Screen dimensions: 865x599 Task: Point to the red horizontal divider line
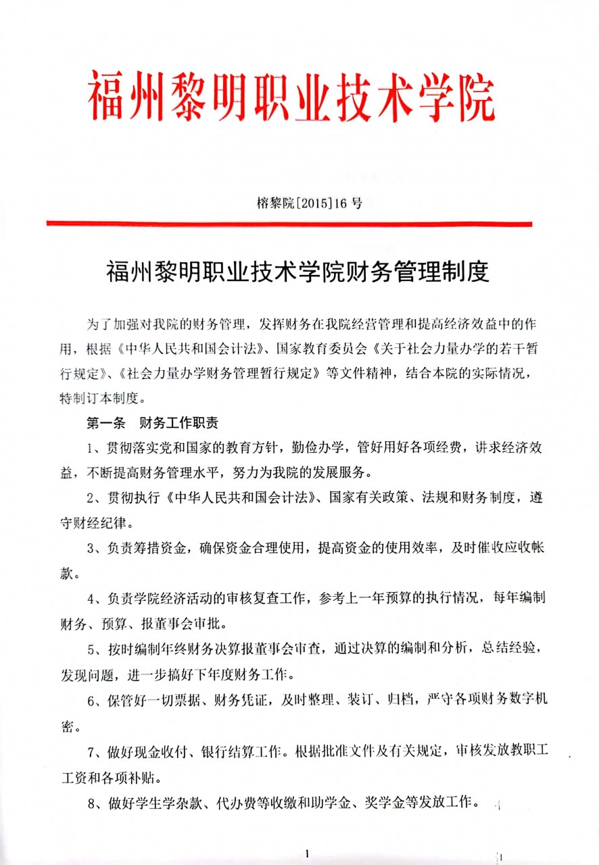pos(289,223)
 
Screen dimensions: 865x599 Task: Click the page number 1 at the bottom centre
pos(307,853)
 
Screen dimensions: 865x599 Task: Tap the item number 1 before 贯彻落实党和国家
pos(91,447)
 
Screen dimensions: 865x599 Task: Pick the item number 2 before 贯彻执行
pos(91,498)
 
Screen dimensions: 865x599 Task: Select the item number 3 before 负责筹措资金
pos(91,549)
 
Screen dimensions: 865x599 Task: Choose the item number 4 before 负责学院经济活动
pos(91,599)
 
